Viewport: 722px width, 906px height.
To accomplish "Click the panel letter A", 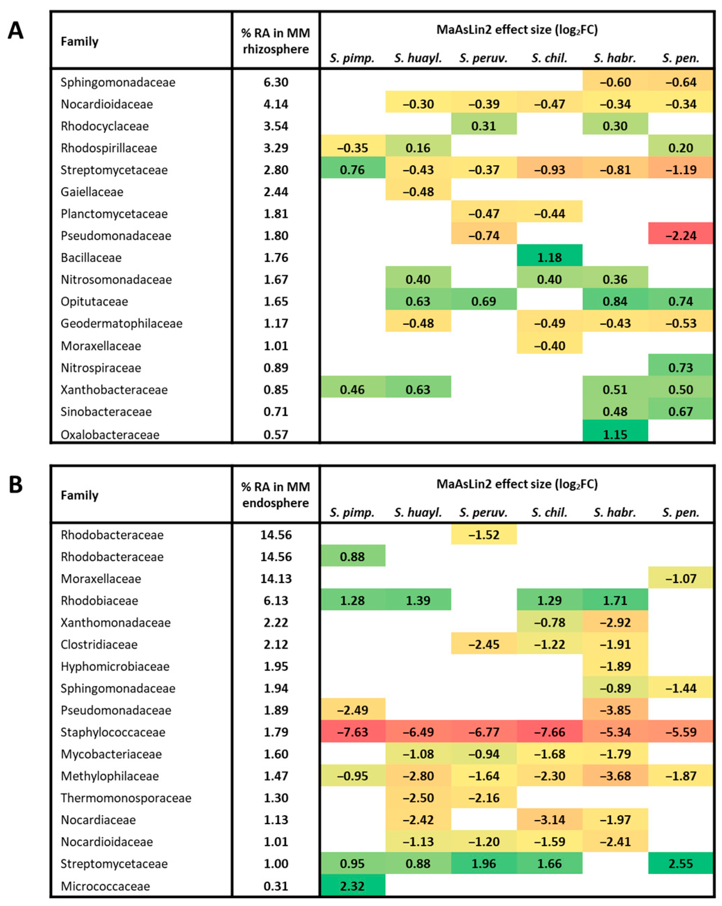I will [x=16, y=30].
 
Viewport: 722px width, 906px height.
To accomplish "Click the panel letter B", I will [x=16, y=484].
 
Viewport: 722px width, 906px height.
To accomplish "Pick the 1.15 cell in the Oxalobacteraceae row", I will [x=615, y=434].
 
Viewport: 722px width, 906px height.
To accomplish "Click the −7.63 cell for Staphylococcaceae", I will [x=352, y=732].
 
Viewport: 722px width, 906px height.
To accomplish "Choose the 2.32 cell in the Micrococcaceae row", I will [x=352, y=886].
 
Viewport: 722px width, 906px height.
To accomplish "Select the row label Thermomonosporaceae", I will [x=126, y=798].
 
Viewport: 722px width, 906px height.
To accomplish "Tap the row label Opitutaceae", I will [x=94, y=301].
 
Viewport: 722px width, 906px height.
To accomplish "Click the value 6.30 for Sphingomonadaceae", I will [x=276, y=82].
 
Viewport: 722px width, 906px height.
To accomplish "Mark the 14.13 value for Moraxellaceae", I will [x=276, y=578].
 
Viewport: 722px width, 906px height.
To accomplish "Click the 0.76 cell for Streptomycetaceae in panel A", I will [x=352, y=170].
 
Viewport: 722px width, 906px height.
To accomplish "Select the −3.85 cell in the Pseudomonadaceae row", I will [x=615, y=710].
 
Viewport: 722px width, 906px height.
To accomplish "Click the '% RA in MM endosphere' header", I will [x=276, y=495].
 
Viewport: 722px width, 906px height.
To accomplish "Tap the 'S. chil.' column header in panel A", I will [x=549, y=58].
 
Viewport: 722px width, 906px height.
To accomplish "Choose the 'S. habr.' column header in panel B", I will [x=615, y=512].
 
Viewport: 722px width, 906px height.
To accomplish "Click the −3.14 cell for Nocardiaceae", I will [x=549, y=819].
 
